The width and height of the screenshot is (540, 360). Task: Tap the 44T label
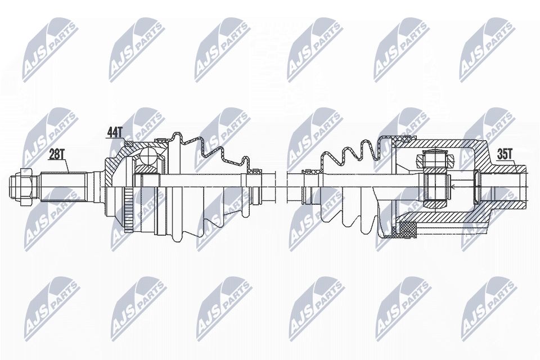click(115, 133)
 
